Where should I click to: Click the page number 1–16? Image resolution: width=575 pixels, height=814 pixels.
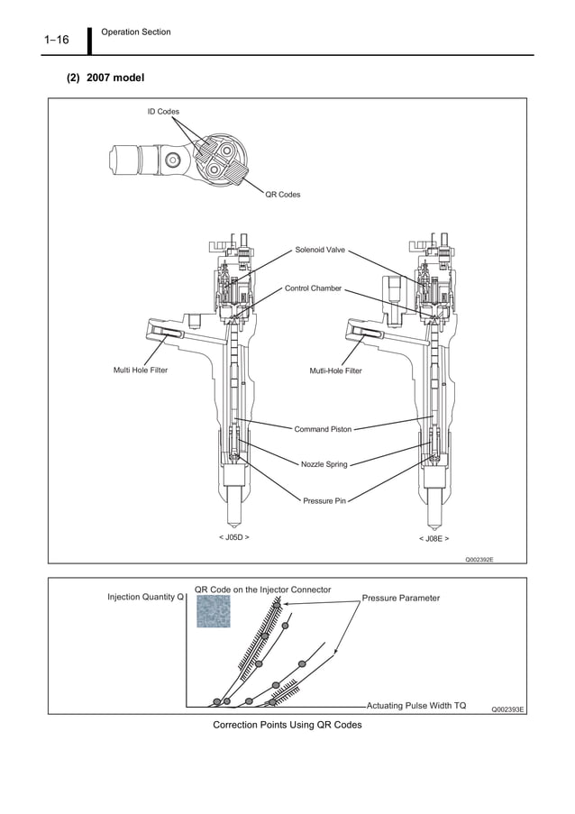click(56, 39)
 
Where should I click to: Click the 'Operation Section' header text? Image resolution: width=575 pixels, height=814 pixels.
click(136, 32)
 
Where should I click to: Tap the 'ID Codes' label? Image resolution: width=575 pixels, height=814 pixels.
click(163, 111)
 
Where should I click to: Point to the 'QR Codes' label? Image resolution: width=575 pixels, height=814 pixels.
click(283, 195)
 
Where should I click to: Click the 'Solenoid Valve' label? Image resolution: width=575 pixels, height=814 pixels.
click(320, 250)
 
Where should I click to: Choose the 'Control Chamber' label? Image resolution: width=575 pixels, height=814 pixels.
click(313, 288)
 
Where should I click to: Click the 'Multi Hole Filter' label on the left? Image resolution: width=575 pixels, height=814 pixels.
click(140, 370)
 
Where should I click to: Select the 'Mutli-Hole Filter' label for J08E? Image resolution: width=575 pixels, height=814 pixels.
click(335, 370)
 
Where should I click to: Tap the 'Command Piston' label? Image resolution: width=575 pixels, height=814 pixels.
click(323, 429)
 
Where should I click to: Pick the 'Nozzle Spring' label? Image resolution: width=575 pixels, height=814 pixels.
click(324, 464)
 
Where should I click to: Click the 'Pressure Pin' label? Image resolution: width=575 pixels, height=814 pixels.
click(324, 499)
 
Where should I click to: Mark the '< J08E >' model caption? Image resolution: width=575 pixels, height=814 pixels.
click(434, 537)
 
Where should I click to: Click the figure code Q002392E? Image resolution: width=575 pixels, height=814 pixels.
click(479, 559)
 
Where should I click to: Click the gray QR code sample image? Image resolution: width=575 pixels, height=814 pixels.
click(214, 612)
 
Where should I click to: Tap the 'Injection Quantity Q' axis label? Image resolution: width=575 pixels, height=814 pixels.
click(145, 597)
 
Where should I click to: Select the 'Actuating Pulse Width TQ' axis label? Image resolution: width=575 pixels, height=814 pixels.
click(416, 705)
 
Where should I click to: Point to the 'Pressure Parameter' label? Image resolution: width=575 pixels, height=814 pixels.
click(401, 598)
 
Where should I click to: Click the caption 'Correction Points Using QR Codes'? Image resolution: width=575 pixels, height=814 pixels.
click(287, 725)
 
